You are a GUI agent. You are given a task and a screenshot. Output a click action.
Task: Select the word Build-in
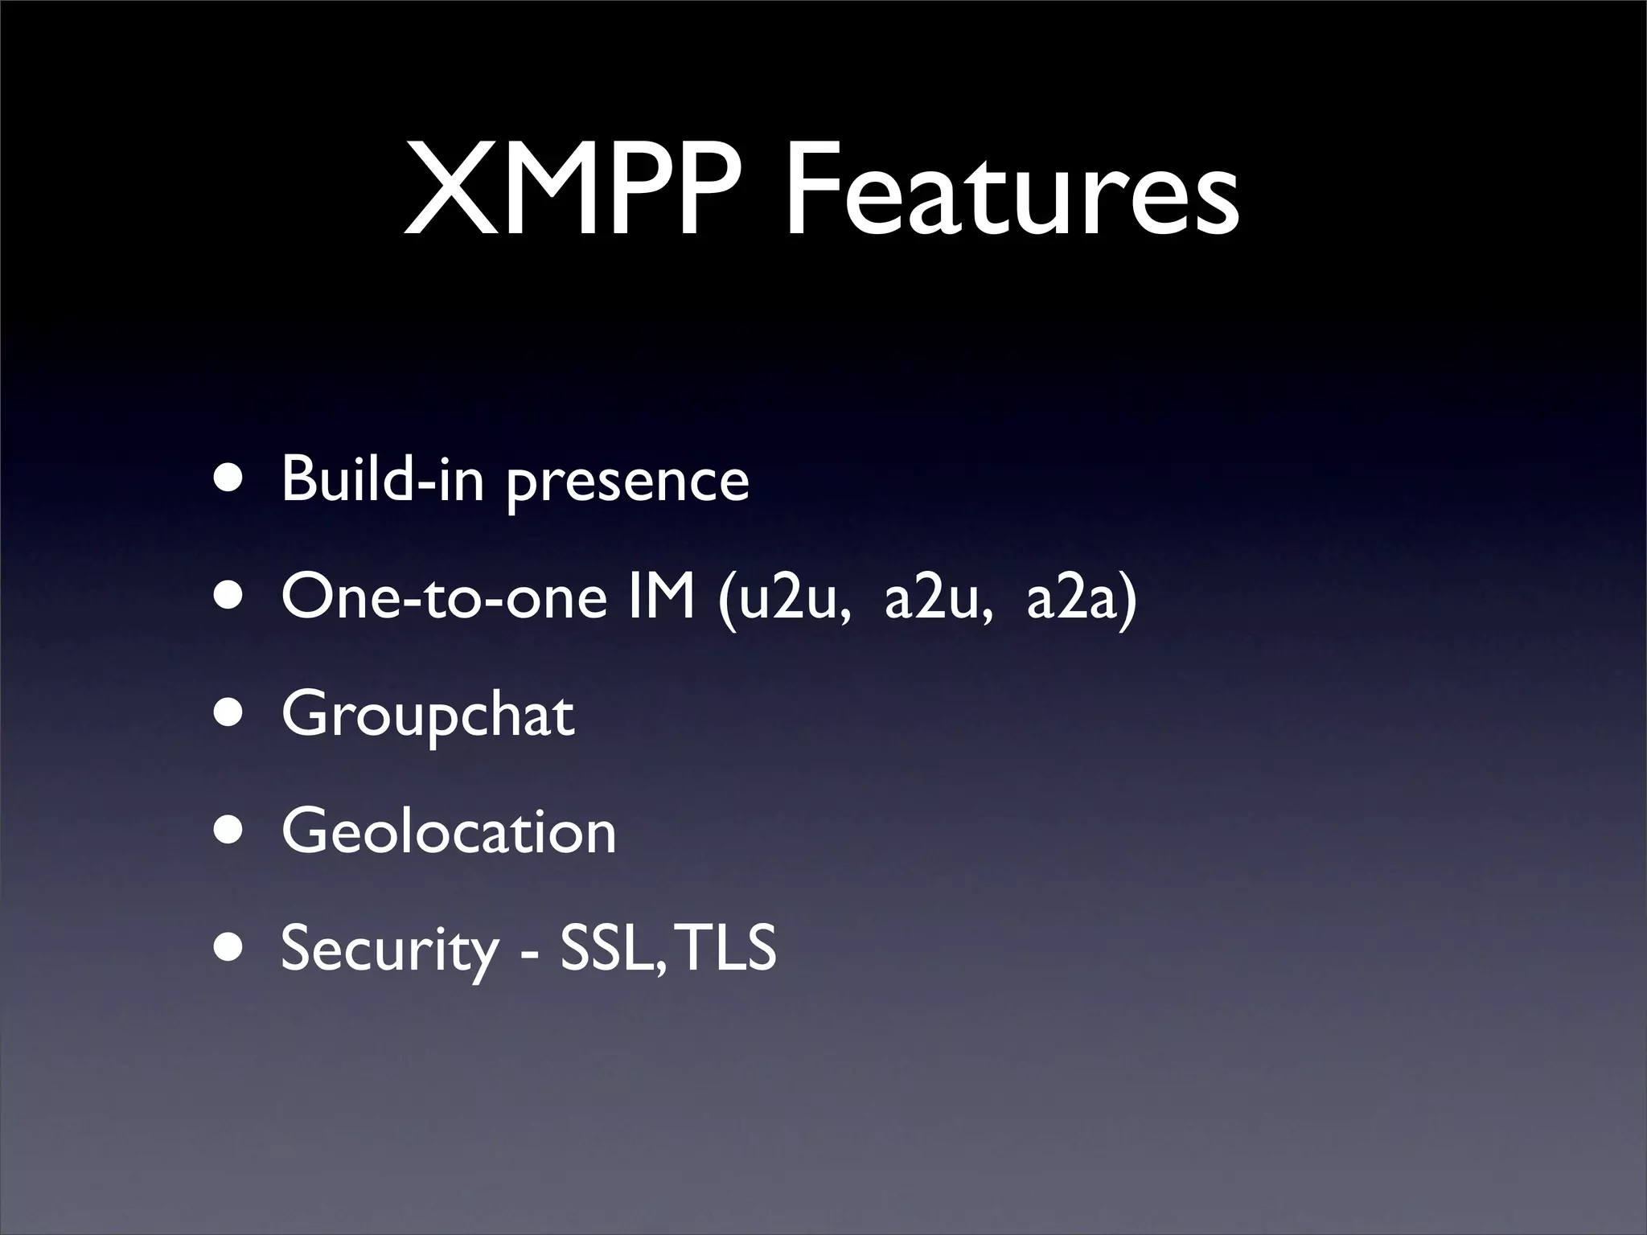point(383,480)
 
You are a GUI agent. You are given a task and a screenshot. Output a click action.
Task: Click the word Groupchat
point(428,716)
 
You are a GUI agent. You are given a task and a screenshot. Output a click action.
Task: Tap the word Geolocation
point(449,832)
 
